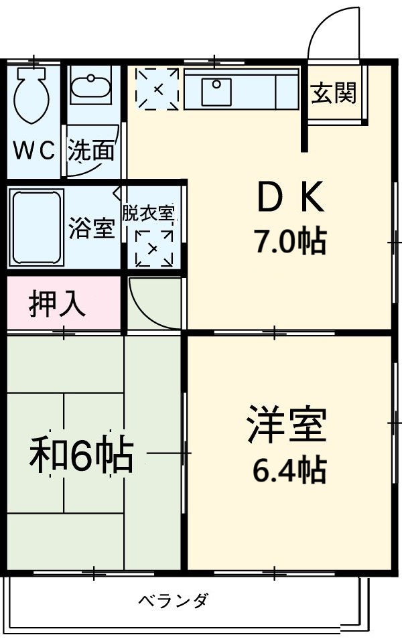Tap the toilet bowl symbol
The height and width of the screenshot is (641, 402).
click(30, 94)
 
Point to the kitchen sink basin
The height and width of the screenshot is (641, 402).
click(217, 88)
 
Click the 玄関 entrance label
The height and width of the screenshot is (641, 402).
click(333, 94)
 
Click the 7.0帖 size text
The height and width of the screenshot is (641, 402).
click(289, 240)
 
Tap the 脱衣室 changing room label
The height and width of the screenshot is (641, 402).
click(148, 213)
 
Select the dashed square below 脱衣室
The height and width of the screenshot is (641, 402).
click(153, 248)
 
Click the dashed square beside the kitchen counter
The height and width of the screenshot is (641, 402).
click(157, 88)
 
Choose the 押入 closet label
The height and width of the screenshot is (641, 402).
click(57, 304)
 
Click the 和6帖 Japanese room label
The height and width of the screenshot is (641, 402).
click(80, 456)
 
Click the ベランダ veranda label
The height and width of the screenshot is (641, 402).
click(173, 599)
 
